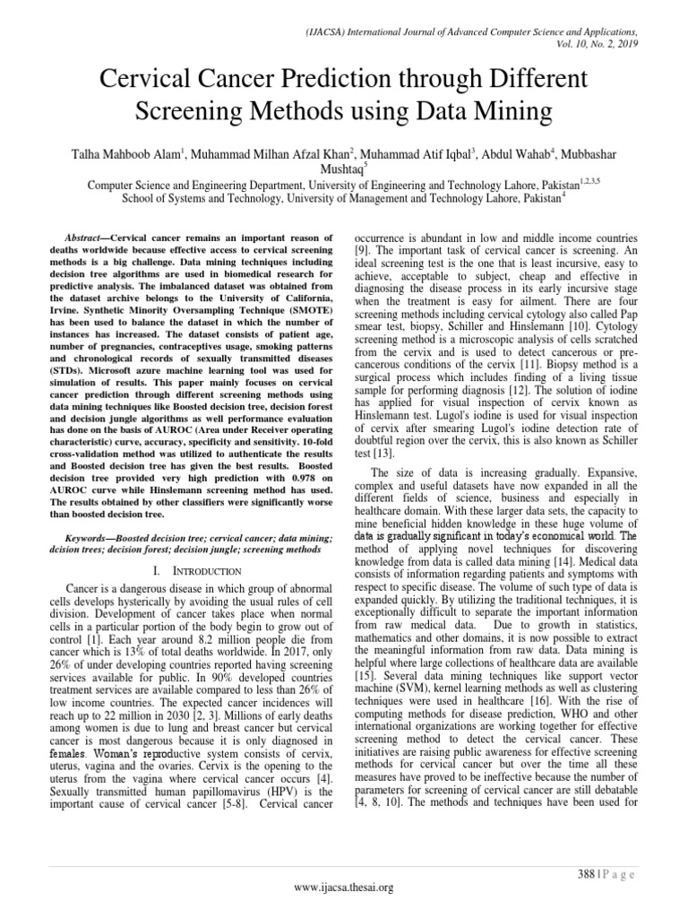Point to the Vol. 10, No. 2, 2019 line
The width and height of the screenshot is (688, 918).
612,42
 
